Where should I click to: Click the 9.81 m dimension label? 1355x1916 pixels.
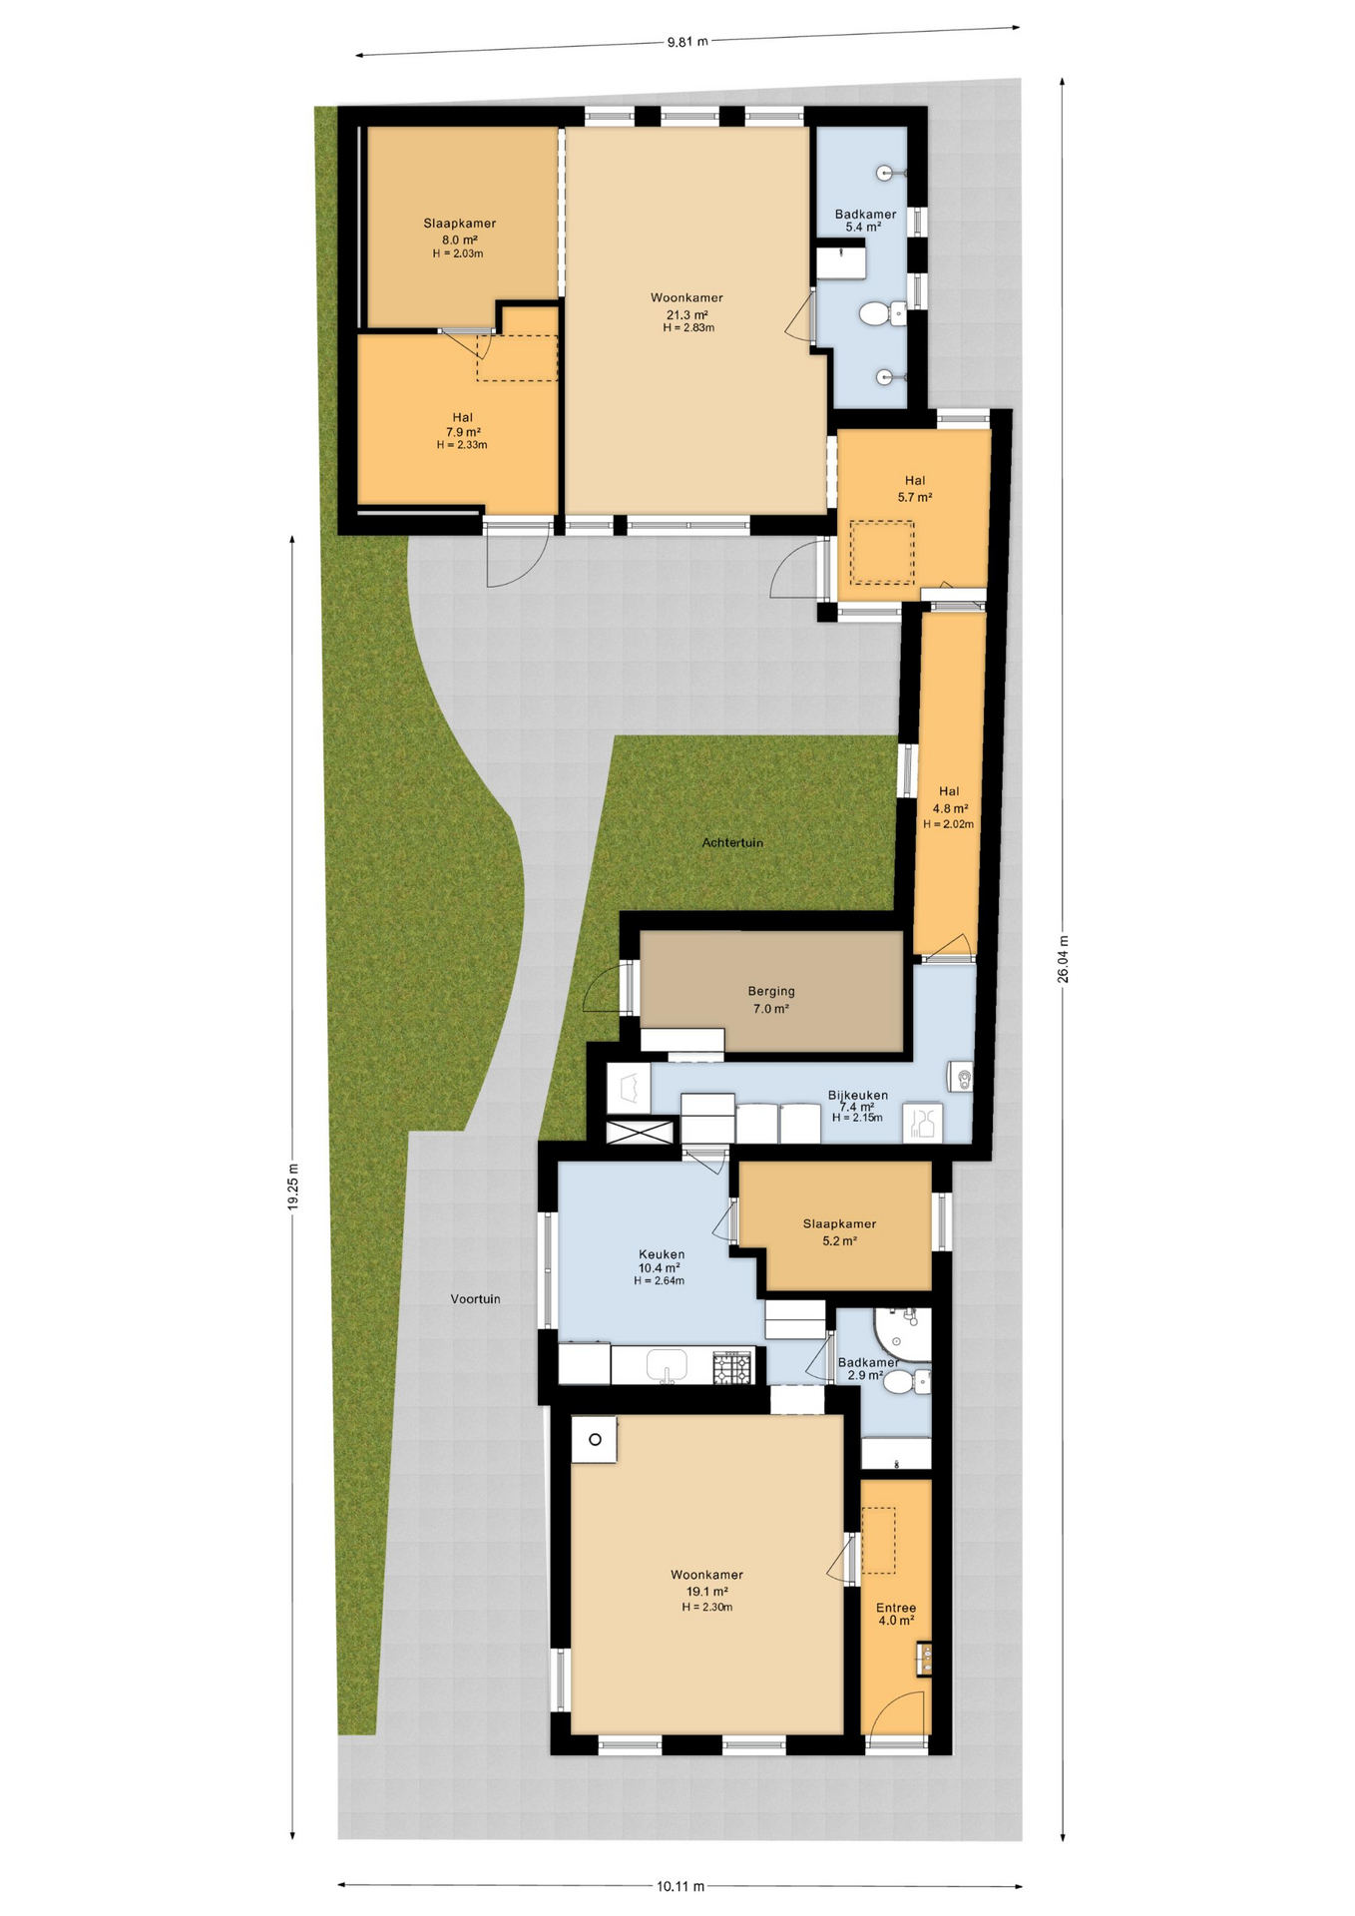(x=686, y=41)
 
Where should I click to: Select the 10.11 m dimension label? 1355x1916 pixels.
(x=680, y=1885)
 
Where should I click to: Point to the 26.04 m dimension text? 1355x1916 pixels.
(x=1063, y=958)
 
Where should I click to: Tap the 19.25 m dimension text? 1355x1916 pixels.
(x=292, y=1187)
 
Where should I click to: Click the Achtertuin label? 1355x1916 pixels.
(x=731, y=842)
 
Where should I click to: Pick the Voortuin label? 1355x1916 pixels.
(x=475, y=1298)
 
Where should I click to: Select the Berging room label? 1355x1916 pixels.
(x=771, y=991)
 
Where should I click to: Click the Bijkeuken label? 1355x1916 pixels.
(x=857, y=1095)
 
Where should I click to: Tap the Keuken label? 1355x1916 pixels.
(x=662, y=1254)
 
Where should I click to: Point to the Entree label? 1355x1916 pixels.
(x=895, y=1608)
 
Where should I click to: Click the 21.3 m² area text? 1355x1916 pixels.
(x=687, y=314)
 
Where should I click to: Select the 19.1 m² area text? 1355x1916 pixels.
(x=706, y=1592)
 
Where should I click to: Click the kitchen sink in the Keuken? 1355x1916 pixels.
(x=667, y=1364)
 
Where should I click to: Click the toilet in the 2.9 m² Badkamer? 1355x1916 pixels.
(x=902, y=1381)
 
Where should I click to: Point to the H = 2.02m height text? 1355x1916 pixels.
(x=948, y=824)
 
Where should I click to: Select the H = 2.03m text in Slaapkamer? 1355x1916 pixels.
(x=458, y=253)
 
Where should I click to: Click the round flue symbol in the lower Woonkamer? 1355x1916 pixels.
(x=595, y=1439)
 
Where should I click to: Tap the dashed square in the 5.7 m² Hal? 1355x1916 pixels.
(x=881, y=553)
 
